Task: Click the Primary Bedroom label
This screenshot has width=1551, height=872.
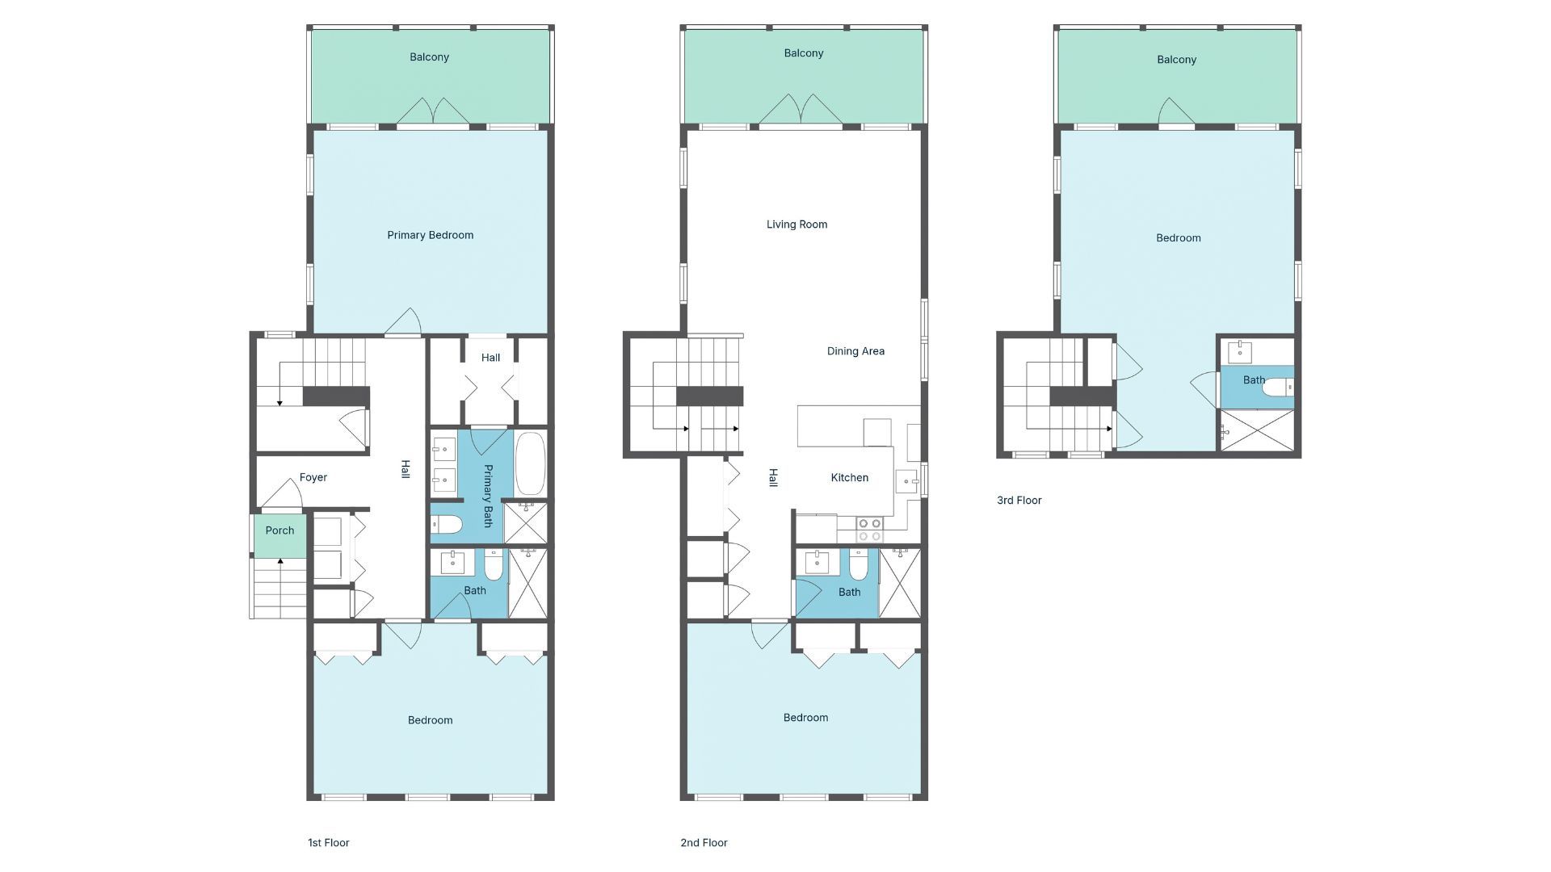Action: tap(430, 235)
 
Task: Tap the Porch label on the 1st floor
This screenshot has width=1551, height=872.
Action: tap(280, 530)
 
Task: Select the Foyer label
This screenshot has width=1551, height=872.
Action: tap(313, 477)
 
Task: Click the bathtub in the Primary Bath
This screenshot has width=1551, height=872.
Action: tap(530, 463)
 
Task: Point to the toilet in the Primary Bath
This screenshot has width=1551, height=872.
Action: tap(446, 526)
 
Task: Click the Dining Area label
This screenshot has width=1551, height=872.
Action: tap(855, 351)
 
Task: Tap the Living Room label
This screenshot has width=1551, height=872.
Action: tap(797, 224)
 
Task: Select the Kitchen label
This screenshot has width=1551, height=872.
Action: tap(850, 478)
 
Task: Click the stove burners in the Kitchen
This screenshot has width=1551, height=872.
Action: tap(869, 530)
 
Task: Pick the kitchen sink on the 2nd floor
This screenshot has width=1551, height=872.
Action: tap(906, 481)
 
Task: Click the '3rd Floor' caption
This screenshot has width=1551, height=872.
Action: tap(1019, 501)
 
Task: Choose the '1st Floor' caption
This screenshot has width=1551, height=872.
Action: tap(328, 843)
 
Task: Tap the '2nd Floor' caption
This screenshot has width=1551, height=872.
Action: tap(704, 843)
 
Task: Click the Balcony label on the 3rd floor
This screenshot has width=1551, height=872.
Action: tap(1176, 60)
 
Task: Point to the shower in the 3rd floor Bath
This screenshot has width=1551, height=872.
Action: tap(1257, 430)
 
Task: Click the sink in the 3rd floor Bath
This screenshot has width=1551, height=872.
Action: tap(1240, 352)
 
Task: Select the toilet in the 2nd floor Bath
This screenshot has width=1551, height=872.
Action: tap(859, 565)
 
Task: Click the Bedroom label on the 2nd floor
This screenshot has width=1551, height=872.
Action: tap(805, 718)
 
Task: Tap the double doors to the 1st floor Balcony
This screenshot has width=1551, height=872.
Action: tap(433, 111)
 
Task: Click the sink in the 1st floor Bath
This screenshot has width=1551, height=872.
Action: tap(452, 562)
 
